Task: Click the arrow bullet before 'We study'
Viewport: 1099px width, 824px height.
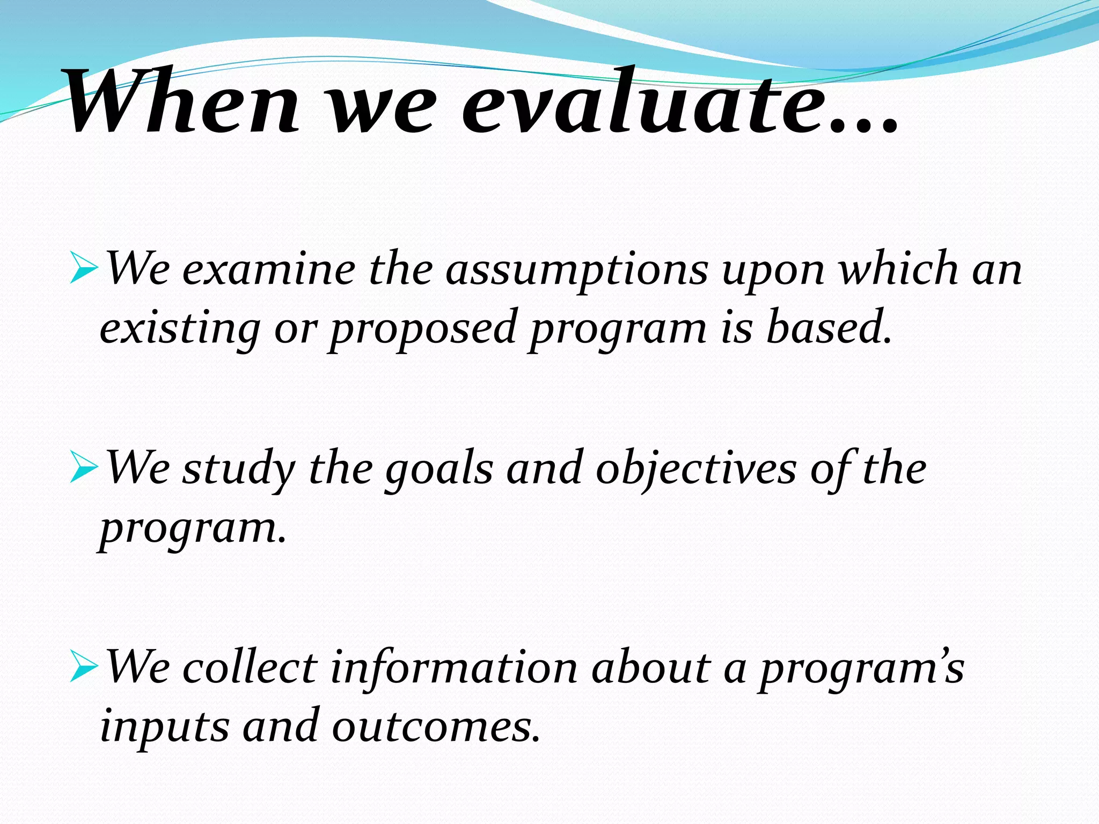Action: click(x=84, y=468)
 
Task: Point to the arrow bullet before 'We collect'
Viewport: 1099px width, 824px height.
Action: click(x=84, y=668)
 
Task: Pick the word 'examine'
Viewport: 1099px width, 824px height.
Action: click(x=268, y=270)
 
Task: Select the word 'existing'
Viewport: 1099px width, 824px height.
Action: click(x=180, y=328)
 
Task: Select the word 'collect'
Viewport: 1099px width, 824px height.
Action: click(x=250, y=668)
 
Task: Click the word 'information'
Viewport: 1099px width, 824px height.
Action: click(x=453, y=668)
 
